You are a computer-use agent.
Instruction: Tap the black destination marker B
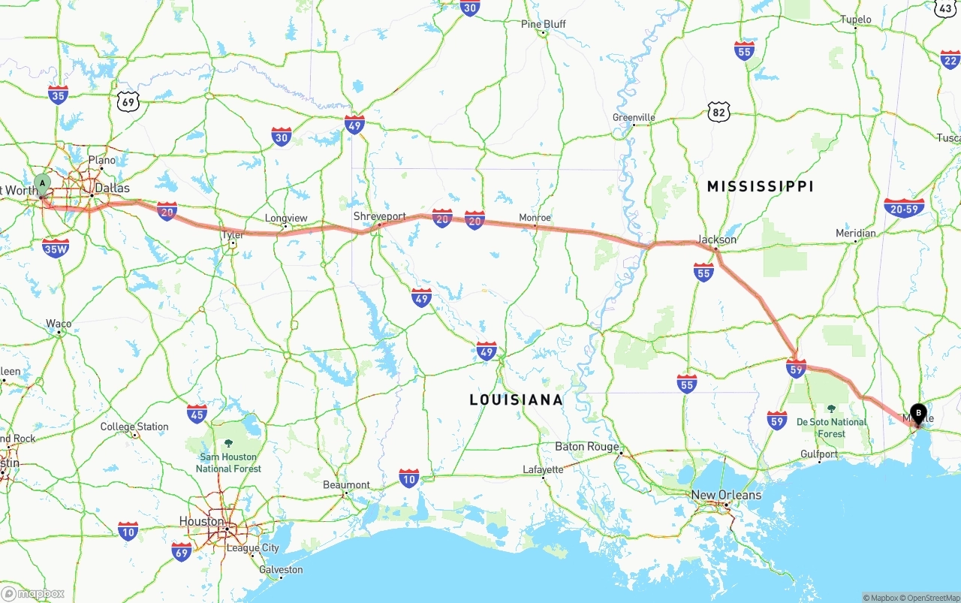pyautogui.click(x=918, y=412)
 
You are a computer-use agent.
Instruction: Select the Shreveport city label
pyautogui.click(x=379, y=216)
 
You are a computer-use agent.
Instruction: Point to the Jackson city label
pyautogui.click(x=716, y=240)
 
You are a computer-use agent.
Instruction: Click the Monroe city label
pyautogui.click(x=535, y=218)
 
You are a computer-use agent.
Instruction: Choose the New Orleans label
pyautogui.click(x=725, y=495)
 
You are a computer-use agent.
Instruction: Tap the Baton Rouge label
pyautogui.click(x=587, y=447)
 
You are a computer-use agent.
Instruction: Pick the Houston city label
pyautogui.click(x=201, y=521)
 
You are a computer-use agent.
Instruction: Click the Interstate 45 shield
pyautogui.click(x=197, y=413)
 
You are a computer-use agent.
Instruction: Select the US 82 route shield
pyautogui.click(x=718, y=113)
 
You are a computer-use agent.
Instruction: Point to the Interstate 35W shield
pyautogui.click(x=56, y=249)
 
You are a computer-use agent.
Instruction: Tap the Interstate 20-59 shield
pyautogui.click(x=904, y=208)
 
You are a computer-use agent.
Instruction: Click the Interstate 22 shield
pyautogui.click(x=950, y=59)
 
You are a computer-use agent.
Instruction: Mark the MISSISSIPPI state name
pyautogui.click(x=760, y=186)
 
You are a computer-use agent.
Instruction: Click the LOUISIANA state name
pyautogui.click(x=516, y=399)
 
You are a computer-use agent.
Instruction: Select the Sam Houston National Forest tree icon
pyautogui.click(x=228, y=443)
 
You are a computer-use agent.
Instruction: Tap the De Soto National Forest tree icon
pyautogui.click(x=831, y=409)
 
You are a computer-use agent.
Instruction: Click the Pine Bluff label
pyautogui.click(x=543, y=24)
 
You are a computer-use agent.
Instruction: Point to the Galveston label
pyautogui.click(x=280, y=570)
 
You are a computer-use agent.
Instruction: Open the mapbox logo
pyautogui.click(x=33, y=593)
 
